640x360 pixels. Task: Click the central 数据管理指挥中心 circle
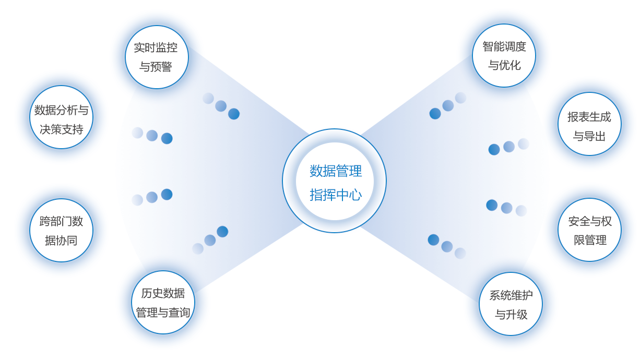(334, 181)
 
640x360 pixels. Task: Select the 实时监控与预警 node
(157, 57)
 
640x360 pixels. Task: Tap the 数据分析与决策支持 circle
(62, 117)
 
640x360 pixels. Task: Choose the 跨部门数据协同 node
(62, 230)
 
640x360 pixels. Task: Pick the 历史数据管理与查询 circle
(163, 302)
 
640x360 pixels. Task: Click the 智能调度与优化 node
(504, 55)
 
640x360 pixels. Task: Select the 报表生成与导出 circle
(590, 124)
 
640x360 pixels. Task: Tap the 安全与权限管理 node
(590, 230)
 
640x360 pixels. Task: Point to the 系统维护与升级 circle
(511, 304)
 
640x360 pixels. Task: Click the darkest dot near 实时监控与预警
(234, 114)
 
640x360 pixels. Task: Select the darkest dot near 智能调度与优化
(435, 114)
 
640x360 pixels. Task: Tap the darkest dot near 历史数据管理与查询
(222, 232)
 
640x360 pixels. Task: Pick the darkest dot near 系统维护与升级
(433, 240)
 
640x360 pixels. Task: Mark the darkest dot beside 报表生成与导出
(494, 150)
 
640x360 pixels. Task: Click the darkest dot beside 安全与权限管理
(492, 205)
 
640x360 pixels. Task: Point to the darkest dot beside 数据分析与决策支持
(167, 138)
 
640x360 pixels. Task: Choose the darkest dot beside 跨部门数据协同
(167, 195)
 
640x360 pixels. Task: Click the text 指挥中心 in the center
(336, 195)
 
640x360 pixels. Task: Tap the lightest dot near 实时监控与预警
(208, 98)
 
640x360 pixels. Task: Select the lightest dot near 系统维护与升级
(460, 253)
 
